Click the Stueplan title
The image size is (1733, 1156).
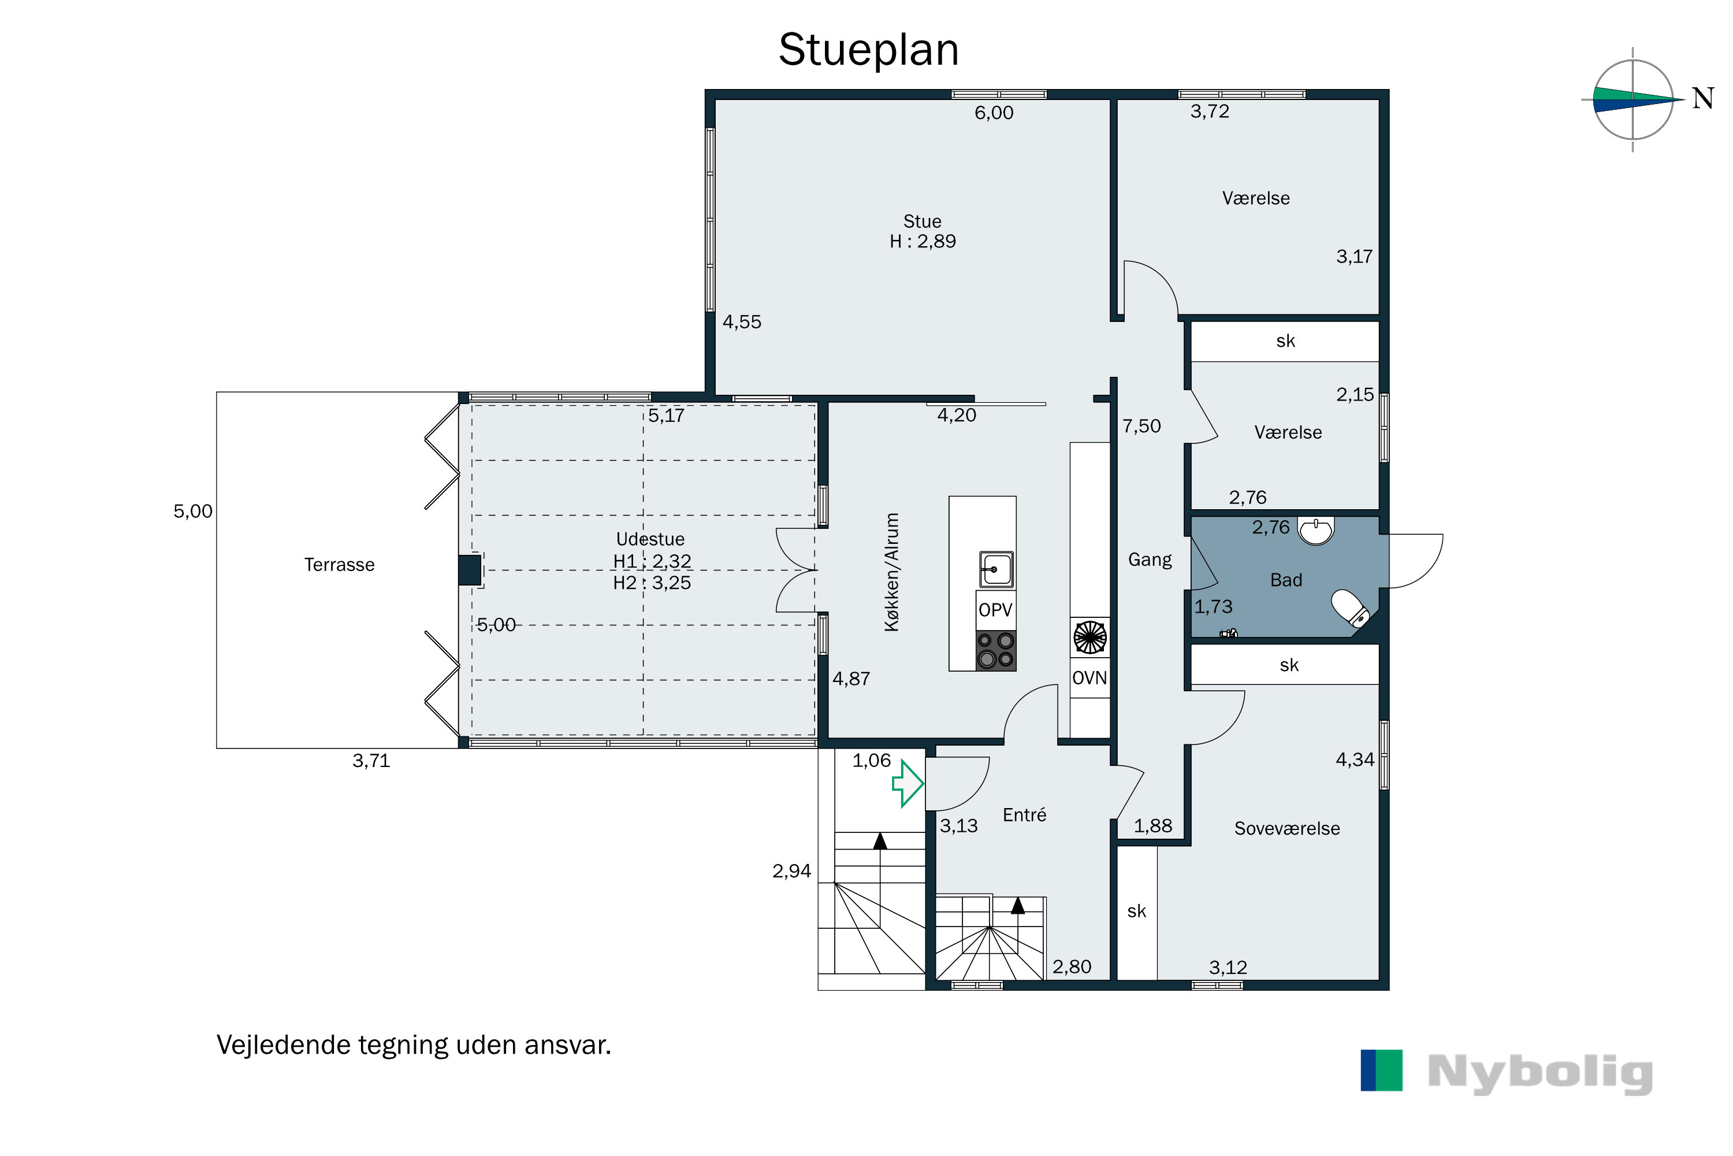pos(869,50)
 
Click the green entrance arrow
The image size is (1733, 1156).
pos(908,784)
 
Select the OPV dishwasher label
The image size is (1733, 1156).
pos(995,610)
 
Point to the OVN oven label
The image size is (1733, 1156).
pos(1089,678)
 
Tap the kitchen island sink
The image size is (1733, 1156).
pos(996,569)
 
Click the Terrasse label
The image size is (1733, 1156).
pos(340,565)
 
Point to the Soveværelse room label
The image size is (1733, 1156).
pos(1287,829)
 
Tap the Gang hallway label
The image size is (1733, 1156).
pos(1150,560)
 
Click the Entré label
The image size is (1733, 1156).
pos(1024,814)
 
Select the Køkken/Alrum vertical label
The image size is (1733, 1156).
pos(891,572)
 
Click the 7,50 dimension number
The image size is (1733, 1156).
pos(1141,426)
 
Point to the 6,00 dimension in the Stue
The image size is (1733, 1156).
pos(994,113)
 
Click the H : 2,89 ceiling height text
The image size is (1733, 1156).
pos(923,242)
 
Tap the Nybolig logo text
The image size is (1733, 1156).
pos(1540,1073)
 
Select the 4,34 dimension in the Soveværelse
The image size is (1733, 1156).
pos(1355,760)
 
